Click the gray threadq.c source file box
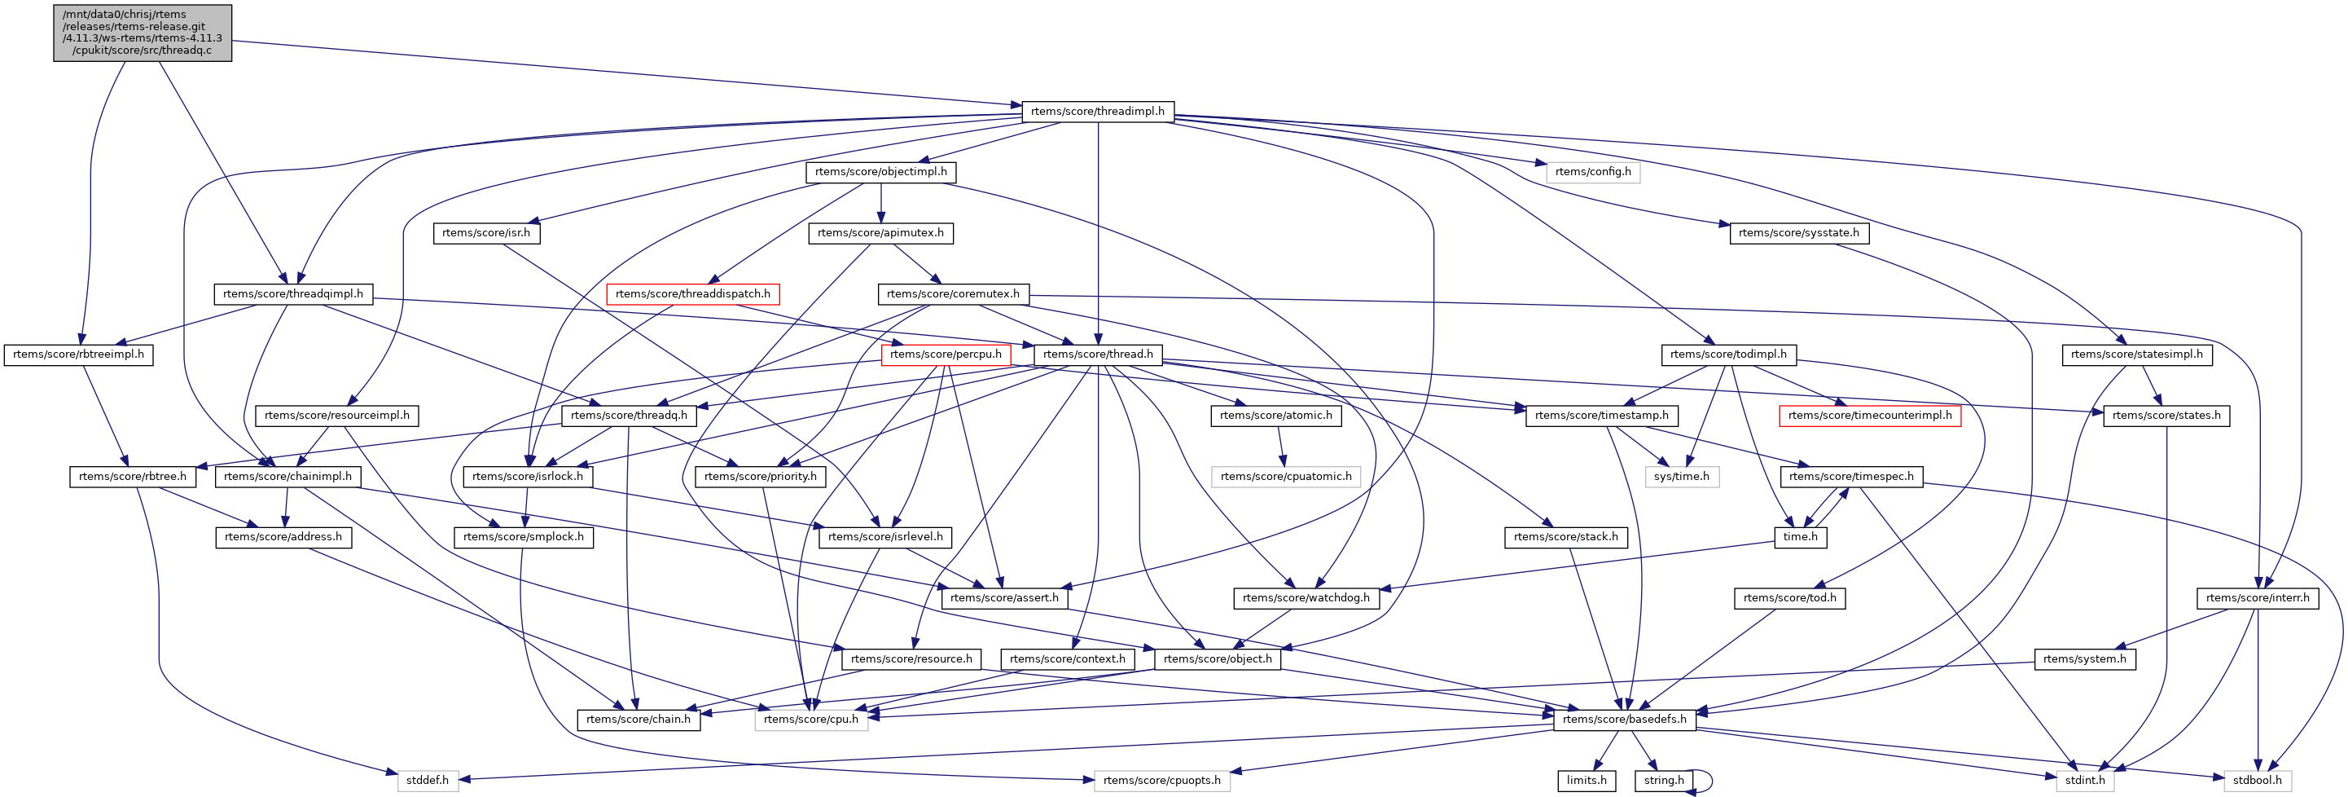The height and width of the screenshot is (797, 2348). [143, 33]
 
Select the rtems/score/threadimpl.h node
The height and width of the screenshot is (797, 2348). [1097, 112]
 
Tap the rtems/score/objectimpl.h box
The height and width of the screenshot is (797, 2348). [880, 171]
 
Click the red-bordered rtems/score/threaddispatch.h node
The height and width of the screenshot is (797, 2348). [693, 293]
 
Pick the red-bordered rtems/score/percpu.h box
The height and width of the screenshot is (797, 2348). [946, 354]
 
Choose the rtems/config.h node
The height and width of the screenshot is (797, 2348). [1592, 171]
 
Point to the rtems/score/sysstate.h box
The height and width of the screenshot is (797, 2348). [1798, 232]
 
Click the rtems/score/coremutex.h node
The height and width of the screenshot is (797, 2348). [953, 293]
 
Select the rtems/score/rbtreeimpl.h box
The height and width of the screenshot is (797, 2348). [78, 354]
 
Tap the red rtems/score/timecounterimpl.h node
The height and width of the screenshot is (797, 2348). [1869, 415]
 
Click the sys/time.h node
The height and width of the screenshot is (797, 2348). [1682, 476]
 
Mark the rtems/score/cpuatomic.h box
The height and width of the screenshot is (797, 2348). [1285, 476]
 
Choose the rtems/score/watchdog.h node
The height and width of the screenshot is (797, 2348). [1306, 597]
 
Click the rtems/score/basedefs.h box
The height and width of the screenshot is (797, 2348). [1624, 719]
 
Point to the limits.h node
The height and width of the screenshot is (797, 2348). [1586, 780]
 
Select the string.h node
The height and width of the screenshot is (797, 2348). [1663, 780]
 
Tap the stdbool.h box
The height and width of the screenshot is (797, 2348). [2257, 780]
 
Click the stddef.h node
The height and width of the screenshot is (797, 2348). [427, 780]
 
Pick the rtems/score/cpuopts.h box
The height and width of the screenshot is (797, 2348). [1161, 780]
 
